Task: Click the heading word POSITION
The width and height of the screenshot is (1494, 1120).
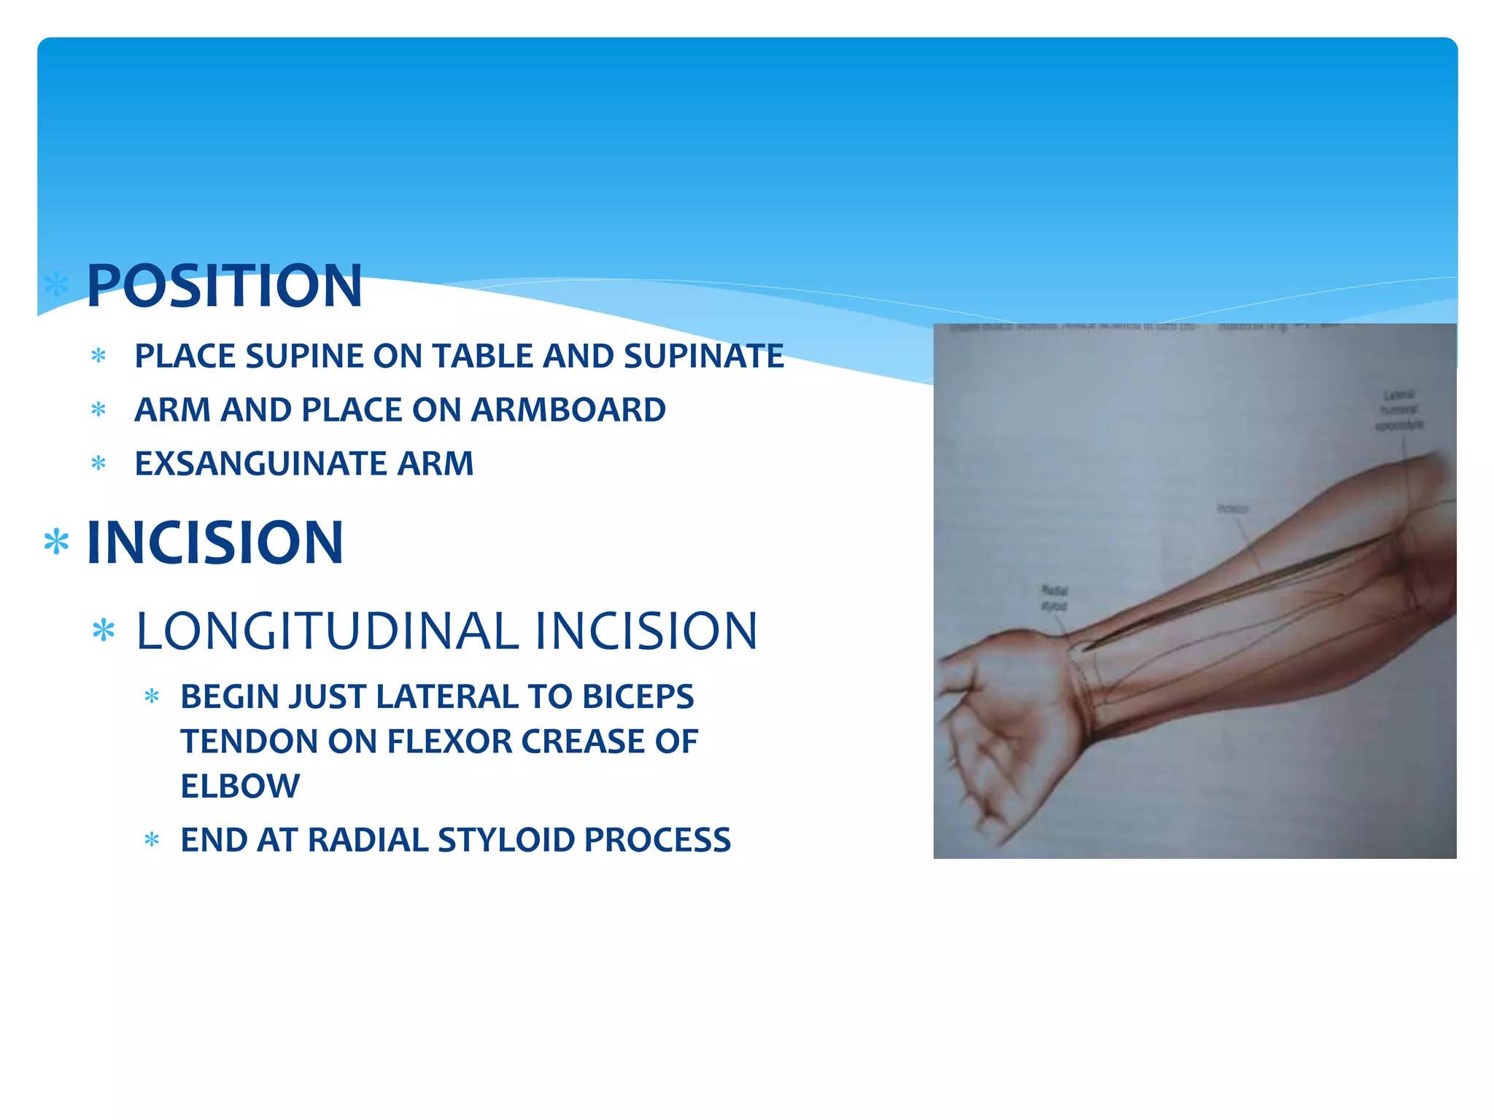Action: click(224, 286)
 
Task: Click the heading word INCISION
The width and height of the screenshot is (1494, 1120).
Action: click(214, 542)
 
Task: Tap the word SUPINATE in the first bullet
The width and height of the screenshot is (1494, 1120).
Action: click(703, 357)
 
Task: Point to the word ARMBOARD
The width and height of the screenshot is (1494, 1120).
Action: click(568, 410)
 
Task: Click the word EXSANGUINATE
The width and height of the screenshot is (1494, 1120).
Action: click(260, 464)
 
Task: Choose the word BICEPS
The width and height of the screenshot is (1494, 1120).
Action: click(638, 696)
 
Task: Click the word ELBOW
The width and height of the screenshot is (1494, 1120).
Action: click(240, 786)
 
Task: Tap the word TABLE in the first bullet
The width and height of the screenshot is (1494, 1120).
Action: click(483, 357)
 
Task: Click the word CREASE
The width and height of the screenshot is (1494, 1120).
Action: click(583, 742)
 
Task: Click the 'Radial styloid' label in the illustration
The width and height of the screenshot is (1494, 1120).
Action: click(1053, 598)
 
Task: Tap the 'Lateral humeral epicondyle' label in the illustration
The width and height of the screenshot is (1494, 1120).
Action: click(1398, 410)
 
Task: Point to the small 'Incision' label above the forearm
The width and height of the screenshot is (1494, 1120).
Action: click(1232, 509)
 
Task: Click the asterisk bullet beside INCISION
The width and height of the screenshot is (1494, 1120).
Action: click(56, 543)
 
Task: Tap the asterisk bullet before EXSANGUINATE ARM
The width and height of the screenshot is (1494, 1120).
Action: click(98, 464)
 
